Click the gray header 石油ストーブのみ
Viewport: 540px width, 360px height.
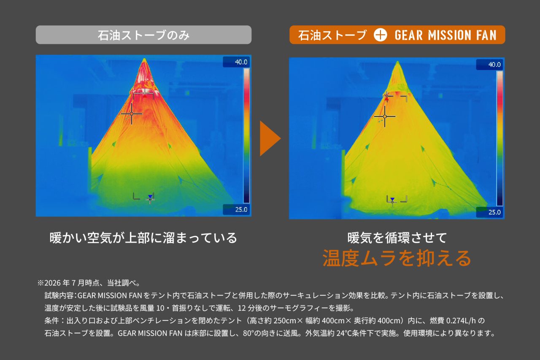(x=143, y=35)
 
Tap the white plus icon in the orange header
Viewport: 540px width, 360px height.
(x=380, y=35)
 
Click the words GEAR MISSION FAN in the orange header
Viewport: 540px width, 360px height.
(x=445, y=35)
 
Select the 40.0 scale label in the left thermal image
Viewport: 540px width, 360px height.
(x=241, y=62)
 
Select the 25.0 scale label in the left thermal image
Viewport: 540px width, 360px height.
(x=241, y=209)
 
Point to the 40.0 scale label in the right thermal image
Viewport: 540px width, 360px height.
(x=494, y=65)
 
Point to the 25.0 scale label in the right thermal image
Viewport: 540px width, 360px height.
(x=494, y=212)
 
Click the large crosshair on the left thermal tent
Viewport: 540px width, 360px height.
(x=131, y=114)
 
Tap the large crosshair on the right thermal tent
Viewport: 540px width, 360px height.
(x=385, y=116)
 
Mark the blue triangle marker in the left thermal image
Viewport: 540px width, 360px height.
(x=150, y=196)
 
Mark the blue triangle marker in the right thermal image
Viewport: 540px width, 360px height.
(x=392, y=199)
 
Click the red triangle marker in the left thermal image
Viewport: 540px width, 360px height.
(x=145, y=96)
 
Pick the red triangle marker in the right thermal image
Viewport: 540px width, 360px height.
(x=386, y=98)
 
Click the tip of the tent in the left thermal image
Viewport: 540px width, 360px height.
(x=144, y=58)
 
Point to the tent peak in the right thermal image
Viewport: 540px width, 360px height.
(x=397, y=61)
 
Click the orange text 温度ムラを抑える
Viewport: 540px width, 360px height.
(x=397, y=258)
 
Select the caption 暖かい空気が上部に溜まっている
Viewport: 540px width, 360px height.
(x=143, y=238)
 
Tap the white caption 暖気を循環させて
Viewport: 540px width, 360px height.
(x=397, y=238)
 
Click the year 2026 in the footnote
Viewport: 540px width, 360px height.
(x=52, y=283)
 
